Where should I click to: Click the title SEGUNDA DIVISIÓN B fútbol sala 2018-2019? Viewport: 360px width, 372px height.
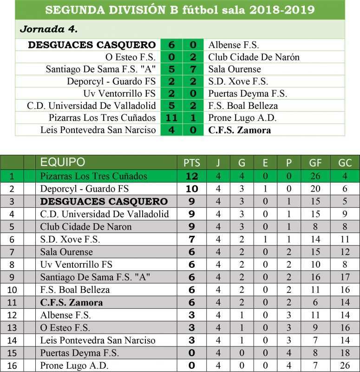[x=180, y=10]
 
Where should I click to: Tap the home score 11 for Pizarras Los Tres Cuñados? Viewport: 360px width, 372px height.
[x=171, y=118]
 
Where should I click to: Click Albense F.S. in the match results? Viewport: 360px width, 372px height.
[x=234, y=45]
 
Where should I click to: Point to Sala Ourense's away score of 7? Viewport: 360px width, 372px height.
[x=193, y=69]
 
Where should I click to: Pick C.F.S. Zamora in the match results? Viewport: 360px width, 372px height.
[x=239, y=130]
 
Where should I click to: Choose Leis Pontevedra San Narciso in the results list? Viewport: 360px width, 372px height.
[x=98, y=130]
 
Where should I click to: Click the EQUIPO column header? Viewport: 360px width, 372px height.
[x=63, y=162]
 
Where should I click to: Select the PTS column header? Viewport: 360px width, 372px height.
[x=192, y=163]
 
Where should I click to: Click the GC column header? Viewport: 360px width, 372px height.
[x=345, y=163]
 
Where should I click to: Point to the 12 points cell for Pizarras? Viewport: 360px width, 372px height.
[x=192, y=176]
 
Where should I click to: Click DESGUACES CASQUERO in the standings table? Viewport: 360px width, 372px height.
[x=104, y=201]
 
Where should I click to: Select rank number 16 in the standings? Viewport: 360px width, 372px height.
[x=12, y=365]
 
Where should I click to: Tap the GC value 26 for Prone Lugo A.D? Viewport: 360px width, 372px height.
[x=345, y=365]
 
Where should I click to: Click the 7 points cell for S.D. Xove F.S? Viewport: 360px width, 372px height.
[x=192, y=239]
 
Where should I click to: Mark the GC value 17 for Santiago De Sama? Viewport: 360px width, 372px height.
[x=345, y=277]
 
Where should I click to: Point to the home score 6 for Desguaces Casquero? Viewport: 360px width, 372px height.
[x=171, y=45]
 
